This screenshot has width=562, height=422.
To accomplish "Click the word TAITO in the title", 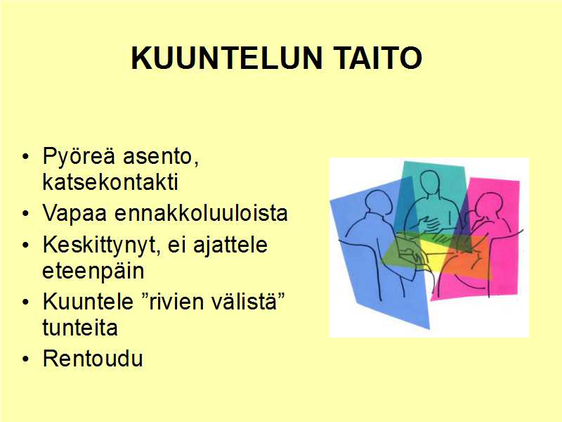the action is pos(379,58).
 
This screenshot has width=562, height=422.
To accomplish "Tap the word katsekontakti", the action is pos(110,182).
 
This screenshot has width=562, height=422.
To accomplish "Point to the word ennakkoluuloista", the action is pos(201,213).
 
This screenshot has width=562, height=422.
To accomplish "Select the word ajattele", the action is pos(230,245).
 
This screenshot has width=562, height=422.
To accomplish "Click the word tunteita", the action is pos(80,327).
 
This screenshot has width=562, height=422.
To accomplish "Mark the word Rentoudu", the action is pos(93,358).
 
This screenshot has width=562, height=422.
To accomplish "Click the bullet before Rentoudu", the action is pos(25,359).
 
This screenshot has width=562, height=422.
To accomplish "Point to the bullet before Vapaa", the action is pos(25,214).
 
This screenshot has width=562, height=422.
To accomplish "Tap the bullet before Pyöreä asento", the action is pos(25,157).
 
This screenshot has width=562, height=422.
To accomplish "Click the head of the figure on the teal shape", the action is pos(430,182).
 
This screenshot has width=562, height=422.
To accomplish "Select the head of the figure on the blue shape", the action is pos(377,202).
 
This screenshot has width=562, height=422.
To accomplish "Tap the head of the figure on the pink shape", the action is pos(488,205).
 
